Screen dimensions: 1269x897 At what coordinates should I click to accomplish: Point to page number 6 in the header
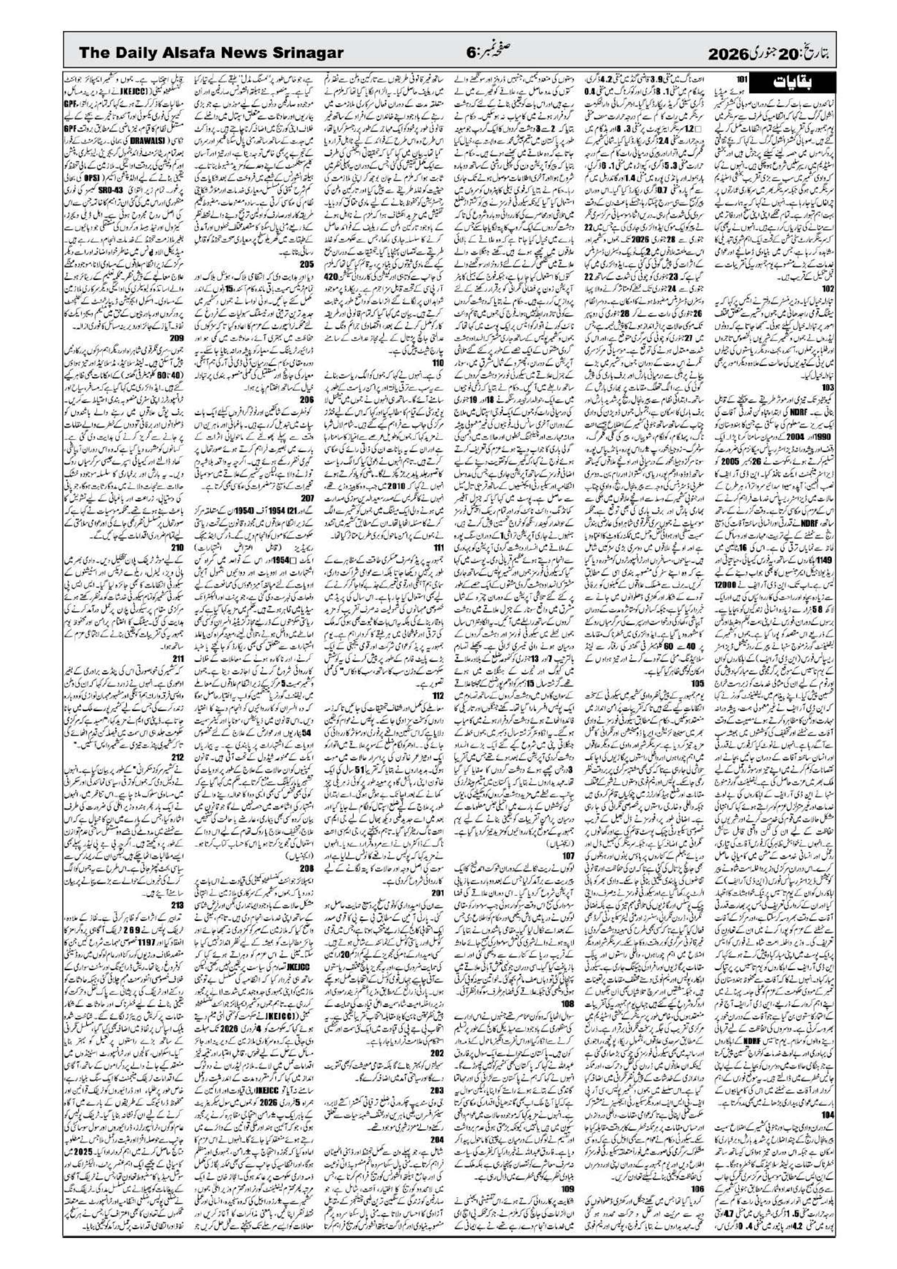click(x=471, y=53)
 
